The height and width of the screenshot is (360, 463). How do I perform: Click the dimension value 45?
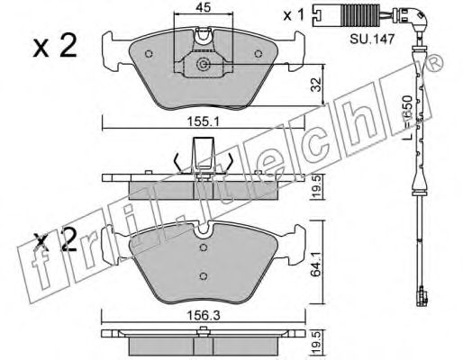(x=204, y=7)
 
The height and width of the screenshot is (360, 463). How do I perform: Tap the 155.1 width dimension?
(x=204, y=121)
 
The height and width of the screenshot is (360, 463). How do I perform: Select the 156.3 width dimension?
(x=204, y=315)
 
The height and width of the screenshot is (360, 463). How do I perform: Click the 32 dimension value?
(x=316, y=85)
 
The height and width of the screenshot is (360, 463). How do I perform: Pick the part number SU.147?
(x=372, y=39)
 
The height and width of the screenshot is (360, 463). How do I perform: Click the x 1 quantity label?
(x=294, y=14)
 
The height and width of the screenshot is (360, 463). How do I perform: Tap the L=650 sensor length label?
(x=408, y=118)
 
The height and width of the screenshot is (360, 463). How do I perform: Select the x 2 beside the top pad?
(x=55, y=46)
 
